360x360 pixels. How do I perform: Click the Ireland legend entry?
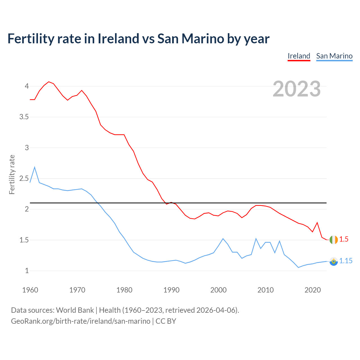point(299,56)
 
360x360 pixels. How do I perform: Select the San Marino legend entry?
point(334,56)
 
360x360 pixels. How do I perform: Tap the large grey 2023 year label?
point(297,89)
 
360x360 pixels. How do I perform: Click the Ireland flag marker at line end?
point(334,240)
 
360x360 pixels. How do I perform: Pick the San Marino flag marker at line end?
point(334,261)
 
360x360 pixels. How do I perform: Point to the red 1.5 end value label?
point(344,239)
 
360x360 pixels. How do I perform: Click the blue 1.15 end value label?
point(346,261)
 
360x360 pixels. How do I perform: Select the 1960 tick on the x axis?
point(30,290)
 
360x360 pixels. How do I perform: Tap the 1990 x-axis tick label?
point(171,290)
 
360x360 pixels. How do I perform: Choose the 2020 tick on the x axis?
point(312,290)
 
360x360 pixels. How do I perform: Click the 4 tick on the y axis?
point(27,86)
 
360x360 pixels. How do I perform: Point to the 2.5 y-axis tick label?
point(24,179)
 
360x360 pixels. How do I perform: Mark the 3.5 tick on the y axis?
point(24,117)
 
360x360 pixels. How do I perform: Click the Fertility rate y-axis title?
point(12,174)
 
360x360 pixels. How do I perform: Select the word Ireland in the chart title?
point(118,39)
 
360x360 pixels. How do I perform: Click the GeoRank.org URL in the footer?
point(80,321)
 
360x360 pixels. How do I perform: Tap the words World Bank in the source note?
point(75,310)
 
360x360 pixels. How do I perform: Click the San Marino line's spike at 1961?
point(35,167)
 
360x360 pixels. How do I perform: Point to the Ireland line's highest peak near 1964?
point(49,82)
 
